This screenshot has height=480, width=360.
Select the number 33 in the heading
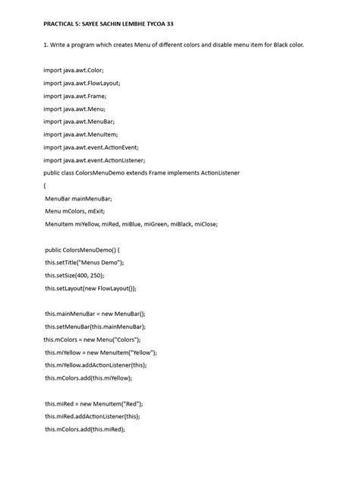(x=212, y=22)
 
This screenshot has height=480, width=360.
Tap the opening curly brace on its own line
(x=45, y=185)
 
